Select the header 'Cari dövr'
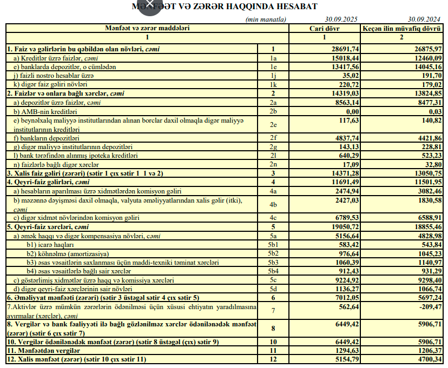(324, 28)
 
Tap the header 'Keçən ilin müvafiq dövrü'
(401, 28)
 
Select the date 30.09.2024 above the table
(425, 19)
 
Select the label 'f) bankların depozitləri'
(45, 138)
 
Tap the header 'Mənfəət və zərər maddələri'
(147, 28)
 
